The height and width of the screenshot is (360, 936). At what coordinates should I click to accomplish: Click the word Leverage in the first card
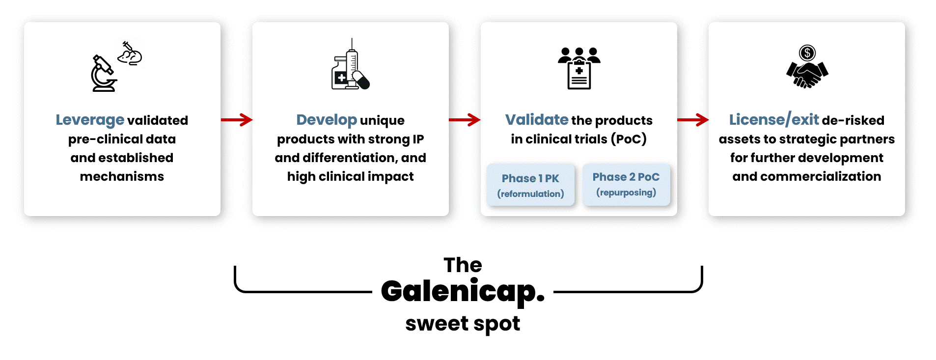click(90, 120)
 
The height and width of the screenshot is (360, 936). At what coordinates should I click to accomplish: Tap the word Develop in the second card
click(327, 120)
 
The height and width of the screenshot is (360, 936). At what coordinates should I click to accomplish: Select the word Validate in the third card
click(537, 120)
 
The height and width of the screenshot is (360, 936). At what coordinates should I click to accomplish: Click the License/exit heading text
click(774, 120)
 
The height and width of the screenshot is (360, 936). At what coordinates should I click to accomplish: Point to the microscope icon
click(104, 74)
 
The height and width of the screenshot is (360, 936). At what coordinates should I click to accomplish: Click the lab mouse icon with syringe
click(130, 54)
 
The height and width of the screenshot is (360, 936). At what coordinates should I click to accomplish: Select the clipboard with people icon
click(579, 68)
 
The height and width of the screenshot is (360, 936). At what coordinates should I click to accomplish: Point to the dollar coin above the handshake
click(807, 53)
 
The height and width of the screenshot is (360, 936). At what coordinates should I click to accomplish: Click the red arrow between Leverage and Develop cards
click(237, 119)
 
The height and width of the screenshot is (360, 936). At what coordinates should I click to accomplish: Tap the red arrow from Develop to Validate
click(465, 119)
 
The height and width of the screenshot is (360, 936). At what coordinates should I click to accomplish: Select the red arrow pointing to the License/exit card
click(693, 119)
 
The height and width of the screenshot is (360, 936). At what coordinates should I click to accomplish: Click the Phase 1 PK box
click(530, 185)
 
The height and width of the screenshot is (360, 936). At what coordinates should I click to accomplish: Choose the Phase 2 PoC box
click(626, 184)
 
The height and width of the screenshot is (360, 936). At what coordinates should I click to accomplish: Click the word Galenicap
click(463, 291)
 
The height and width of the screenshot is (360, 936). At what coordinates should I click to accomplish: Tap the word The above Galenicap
click(463, 265)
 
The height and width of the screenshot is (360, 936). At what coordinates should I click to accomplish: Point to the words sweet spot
click(463, 324)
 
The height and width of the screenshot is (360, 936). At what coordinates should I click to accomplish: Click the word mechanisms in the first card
click(122, 176)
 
